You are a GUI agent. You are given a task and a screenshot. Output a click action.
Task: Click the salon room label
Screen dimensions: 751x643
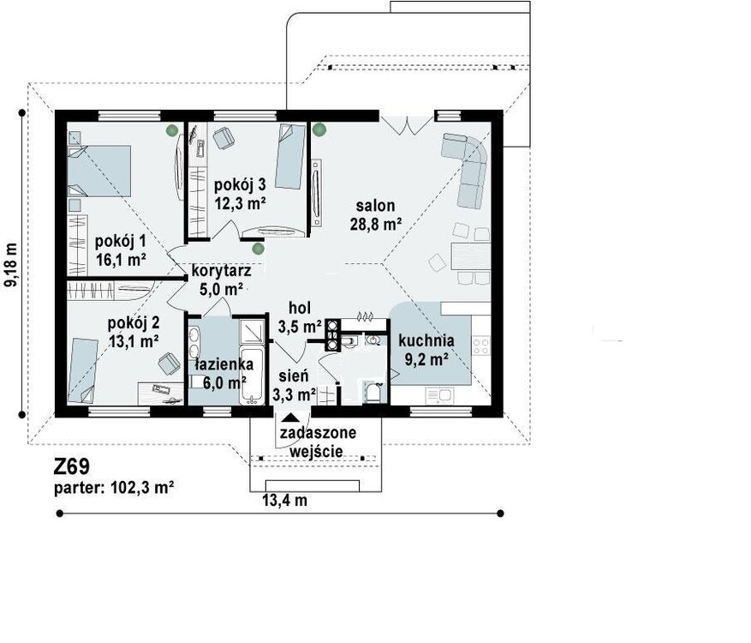pos(375,206)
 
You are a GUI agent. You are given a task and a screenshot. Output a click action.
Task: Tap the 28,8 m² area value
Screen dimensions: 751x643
pos(375,224)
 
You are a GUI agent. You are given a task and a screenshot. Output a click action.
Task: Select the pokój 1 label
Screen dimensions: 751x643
pos(120,241)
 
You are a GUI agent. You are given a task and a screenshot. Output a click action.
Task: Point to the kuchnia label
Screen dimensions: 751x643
pos(426,340)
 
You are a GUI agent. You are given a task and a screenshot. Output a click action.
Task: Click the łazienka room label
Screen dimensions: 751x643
pos(224,364)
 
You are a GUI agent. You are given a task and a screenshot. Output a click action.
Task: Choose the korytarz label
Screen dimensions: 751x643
pos(221,271)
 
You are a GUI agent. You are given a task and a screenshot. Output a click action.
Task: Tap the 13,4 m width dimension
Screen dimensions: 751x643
pos(284,500)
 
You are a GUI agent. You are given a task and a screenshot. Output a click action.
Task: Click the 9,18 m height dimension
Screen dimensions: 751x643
pos(10,265)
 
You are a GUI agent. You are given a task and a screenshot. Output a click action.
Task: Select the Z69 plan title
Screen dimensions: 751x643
pos(71,466)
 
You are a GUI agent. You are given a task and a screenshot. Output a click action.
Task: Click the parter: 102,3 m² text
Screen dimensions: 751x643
pos(114,488)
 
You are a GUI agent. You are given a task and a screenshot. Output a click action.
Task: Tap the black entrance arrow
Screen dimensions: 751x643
pos(289,420)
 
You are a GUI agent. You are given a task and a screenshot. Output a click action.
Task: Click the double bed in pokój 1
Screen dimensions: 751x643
pos(99,171)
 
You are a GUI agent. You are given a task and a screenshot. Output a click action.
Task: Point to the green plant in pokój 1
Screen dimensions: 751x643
pos(172,129)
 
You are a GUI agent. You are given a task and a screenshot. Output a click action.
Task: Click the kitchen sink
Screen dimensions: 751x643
pos(439,395)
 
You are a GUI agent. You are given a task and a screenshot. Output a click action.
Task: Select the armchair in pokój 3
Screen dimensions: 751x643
pos(224,138)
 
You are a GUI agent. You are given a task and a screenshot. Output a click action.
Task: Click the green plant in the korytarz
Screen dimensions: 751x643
pos(258,249)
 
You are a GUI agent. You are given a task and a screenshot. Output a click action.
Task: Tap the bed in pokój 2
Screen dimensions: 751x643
pos(82,370)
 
